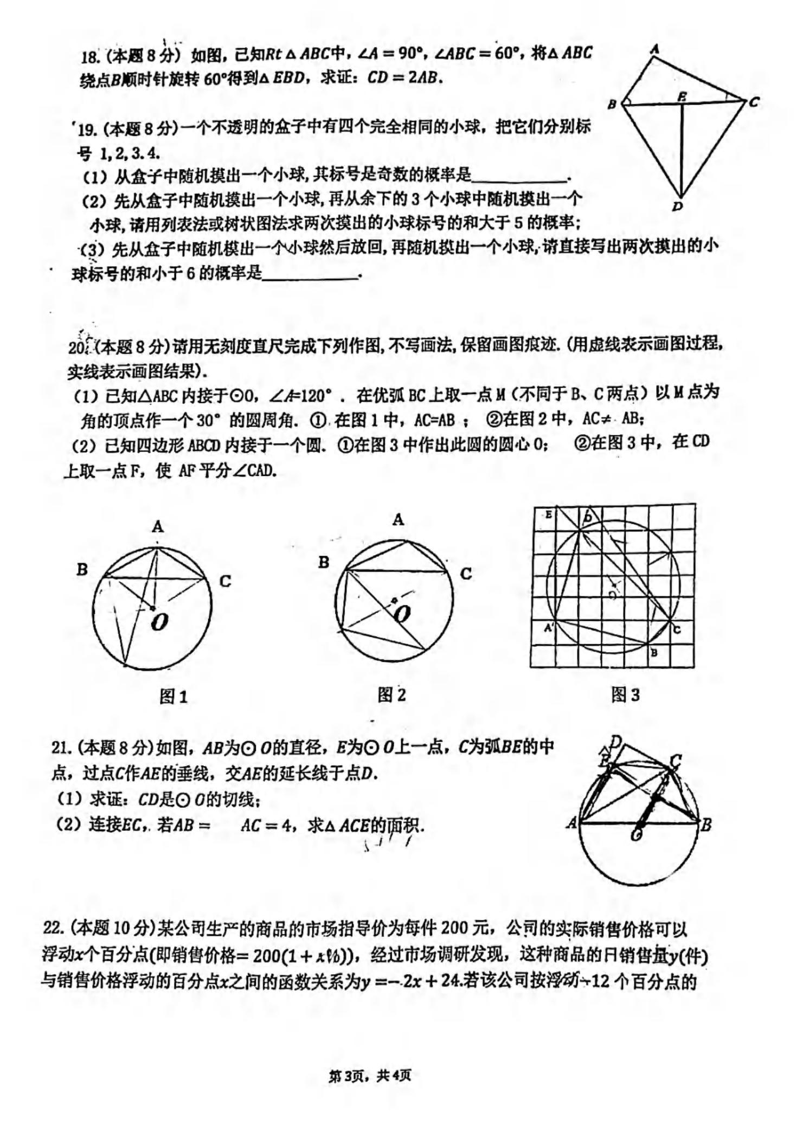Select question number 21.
[x=61, y=748]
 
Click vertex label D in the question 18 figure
[x=677, y=207]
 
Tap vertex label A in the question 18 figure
[x=655, y=49]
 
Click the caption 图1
[x=174, y=697]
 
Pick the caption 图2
[x=391, y=695]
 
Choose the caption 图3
[x=625, y=694]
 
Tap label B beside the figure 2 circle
[x=324, y=562]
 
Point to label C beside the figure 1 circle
[x=225, y=581]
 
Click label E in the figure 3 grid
[x=548, y=514]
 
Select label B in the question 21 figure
[x=705, y=826]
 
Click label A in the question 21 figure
[x=572, y=824]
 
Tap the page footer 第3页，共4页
[x=370, y=1076]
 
